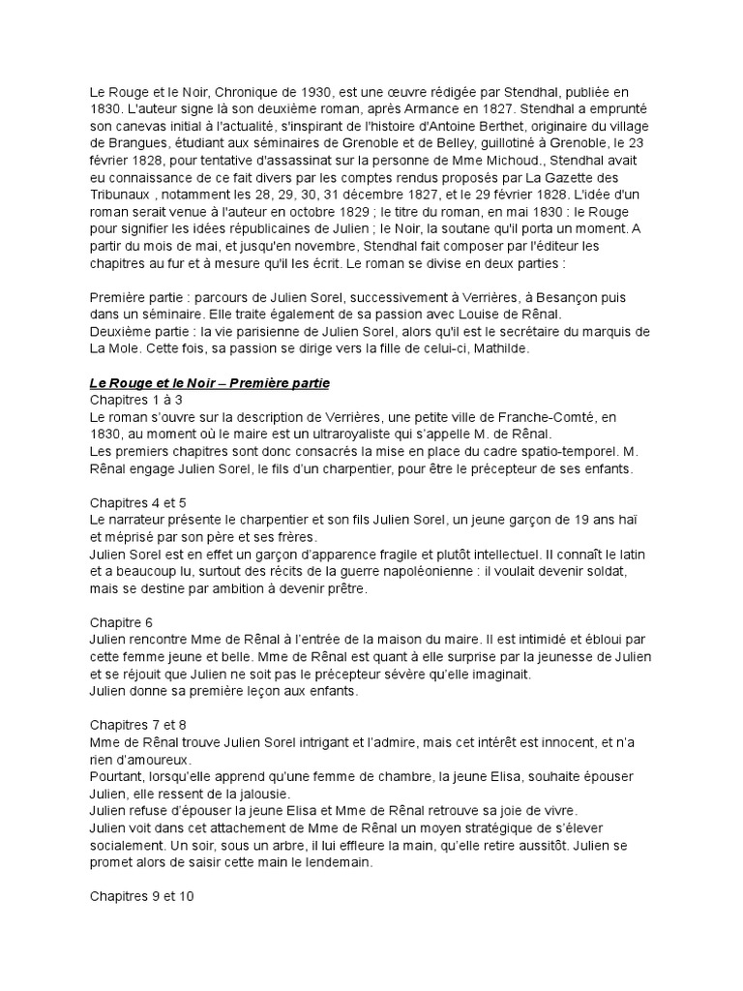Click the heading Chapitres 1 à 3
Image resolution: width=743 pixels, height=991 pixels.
pyautogui.click(x=136, y=400)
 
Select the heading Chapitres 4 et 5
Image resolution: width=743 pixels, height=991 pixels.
pyautogui.click(x=138, y=503)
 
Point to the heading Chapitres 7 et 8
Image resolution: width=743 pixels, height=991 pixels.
pyautogui.click(x=138, y=725)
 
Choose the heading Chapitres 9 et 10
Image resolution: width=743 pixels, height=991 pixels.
pyautogui.click(x=142, y=896)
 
